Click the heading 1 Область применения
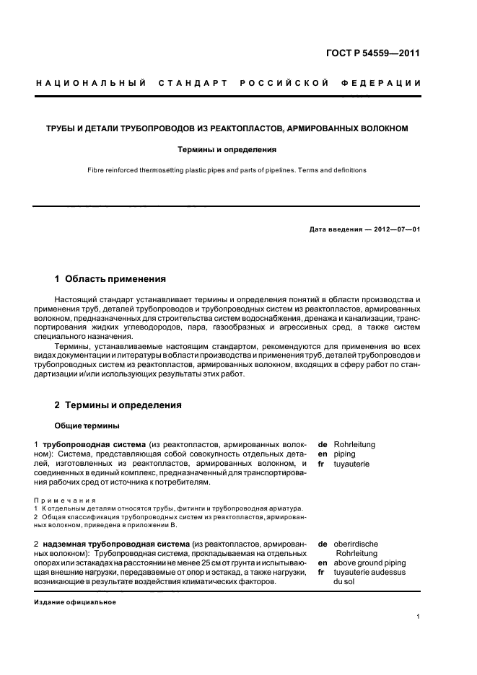tap(110, 278)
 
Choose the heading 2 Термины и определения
tap(118, 405)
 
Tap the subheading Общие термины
tap(87, 425)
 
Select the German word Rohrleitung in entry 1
tap(354, 445)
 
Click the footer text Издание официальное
tap(75, 602)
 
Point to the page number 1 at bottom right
tap(418, 617)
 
